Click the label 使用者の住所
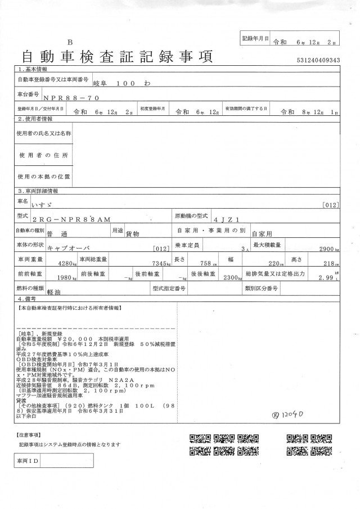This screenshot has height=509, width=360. coord(43,155)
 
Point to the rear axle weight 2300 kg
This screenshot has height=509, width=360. coord(229,277)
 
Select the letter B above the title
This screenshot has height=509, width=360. coord(70,42)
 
